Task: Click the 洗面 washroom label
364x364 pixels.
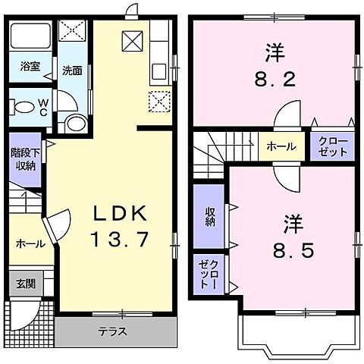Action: tap(73, 71)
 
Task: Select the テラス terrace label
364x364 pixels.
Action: tap(111, 331)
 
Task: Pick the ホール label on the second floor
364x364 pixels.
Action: tap(281, 146)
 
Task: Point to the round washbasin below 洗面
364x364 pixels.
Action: tap(75, 124)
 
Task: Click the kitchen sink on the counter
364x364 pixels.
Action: tap(159, 72)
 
